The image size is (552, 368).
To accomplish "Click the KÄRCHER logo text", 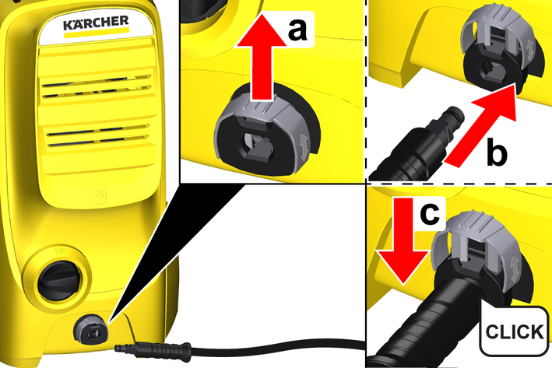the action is (x=96, y=23).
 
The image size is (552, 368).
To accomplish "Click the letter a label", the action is (x=298, y=30).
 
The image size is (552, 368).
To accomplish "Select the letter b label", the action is (x=497, y=152).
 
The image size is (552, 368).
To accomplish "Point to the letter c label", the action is (x=430, y=213).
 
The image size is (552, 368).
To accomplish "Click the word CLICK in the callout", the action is (x=515, y=331).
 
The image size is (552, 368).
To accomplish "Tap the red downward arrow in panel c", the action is (x=403, y=240).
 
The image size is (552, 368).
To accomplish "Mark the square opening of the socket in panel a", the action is (x=258, y=143).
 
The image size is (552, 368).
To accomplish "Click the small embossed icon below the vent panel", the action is (x=100, y=198).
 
